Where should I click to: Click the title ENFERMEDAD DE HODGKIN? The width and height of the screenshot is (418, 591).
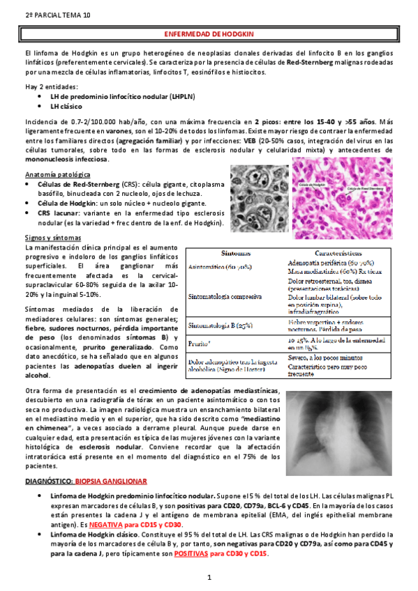click(209, 33)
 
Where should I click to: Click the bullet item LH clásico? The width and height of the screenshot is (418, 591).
click(68, 107)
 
